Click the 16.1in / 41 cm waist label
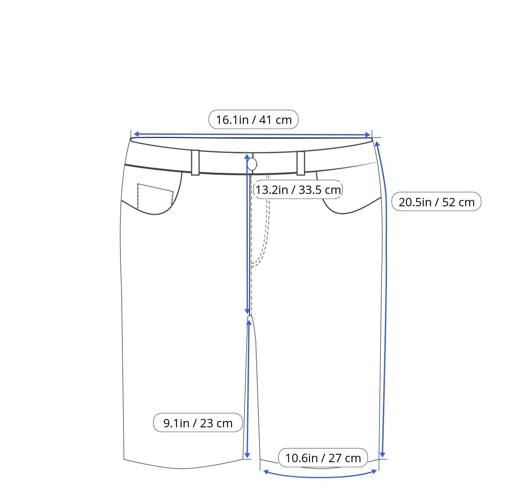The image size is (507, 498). tap(253, 120)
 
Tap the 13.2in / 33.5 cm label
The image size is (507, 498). tap(298, 190)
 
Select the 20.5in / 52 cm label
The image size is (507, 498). tap(436, 202)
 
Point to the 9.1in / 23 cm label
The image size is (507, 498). tap(198, 423)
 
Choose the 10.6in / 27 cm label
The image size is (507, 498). tap(323, 458)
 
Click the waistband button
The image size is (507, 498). tap(252, 164)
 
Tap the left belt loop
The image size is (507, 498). tap(195, 162)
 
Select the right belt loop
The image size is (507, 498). tap(301, 163)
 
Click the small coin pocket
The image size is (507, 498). tap(155, 196)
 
